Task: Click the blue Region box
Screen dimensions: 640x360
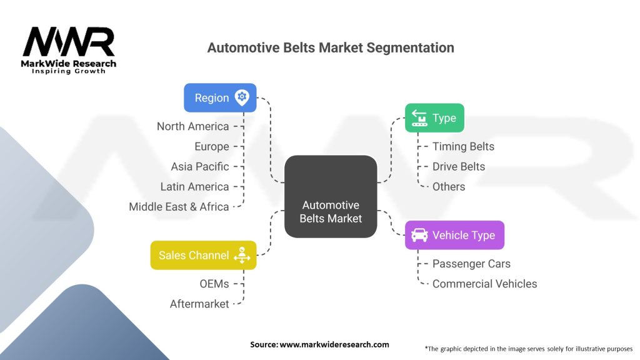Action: click(x=220, y=97)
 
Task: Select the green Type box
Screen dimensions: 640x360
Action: click(x=434, y=117)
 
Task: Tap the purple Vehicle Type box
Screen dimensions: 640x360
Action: click(x=455, y=235)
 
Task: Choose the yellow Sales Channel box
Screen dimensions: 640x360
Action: click(x=203, y=255)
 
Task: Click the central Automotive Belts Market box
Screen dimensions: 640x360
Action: click(x=331, y=196)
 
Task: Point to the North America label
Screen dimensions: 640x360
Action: click(x=192, y=126)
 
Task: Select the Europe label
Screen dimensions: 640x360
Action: click(x=212, y=146)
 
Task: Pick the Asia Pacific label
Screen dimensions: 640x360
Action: click(x=200, y=166)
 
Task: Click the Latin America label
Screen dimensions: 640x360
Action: click(x=195, y=186)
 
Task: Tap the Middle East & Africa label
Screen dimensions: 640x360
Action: click(x=179, y=207)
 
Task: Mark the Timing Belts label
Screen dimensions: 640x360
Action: click(x=463, y=146)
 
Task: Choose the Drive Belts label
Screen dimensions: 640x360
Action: click(x=459, y=166)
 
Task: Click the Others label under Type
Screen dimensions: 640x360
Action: click(x=449, y=186)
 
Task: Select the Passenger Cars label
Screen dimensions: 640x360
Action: click(x=471, y=264)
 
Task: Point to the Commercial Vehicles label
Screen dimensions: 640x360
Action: click(x=484, y=284)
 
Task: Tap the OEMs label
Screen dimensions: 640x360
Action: click(x=214, y=284)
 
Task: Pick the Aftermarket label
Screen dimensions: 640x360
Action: click(x=199, y=304)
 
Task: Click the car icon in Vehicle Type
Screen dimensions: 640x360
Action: click(x=419, y=235)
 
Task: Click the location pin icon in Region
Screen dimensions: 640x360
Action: click(x=242, y=97)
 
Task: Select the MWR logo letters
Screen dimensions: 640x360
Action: click(x=69, y=42)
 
